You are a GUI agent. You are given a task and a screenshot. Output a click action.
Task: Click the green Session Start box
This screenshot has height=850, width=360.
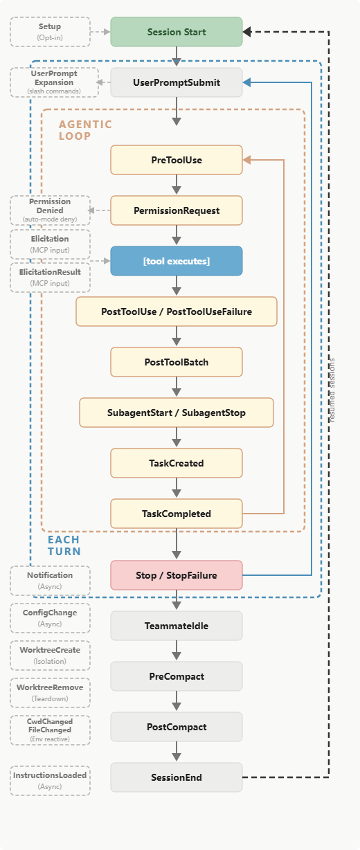tap(177, 32)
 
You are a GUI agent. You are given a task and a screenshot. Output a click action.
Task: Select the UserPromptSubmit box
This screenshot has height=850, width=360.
tap(177, 82)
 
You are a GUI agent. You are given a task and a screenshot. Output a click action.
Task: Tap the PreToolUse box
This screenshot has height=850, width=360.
tap(177, 160)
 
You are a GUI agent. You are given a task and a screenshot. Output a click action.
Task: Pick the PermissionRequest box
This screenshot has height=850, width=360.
tap(177, 210)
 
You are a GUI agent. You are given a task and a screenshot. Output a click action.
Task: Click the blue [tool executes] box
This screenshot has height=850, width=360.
tap(177, 261)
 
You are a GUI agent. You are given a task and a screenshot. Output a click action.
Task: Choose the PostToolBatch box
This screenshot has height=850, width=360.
tap(177, 362)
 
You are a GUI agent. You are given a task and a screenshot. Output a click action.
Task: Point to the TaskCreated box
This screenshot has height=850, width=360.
tap(177, 463)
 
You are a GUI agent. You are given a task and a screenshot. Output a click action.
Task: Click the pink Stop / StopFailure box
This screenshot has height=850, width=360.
tap(177, 575)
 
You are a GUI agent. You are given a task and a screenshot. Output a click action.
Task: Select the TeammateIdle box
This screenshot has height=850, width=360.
tap(177, 626)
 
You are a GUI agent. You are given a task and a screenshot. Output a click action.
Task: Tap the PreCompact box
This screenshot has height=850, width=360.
tap(177, 676)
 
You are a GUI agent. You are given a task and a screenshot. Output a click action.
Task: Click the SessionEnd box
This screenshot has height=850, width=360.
tap(177, 777)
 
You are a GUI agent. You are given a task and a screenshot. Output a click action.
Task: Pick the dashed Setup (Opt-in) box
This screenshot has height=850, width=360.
tap(50, 32)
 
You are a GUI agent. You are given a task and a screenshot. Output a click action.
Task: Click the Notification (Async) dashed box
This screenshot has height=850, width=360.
tap(50, 581)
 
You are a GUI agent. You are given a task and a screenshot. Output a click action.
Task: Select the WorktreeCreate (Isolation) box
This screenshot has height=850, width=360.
tap(50, 655)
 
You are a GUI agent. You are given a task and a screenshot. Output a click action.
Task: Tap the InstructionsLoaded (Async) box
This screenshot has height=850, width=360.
tap(50, 781)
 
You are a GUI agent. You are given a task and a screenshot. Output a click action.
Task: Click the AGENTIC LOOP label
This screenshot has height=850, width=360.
tap(85, 130)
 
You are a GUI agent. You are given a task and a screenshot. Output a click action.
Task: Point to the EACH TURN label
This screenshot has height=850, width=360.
tap(64, 545)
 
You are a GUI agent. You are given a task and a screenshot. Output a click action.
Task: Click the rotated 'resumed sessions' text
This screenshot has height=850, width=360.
tap(332, 390)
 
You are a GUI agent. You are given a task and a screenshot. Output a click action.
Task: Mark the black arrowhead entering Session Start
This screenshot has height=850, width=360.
tap(246, 32)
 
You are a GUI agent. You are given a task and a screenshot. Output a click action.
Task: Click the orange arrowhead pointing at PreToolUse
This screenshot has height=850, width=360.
tap(246, 160)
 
